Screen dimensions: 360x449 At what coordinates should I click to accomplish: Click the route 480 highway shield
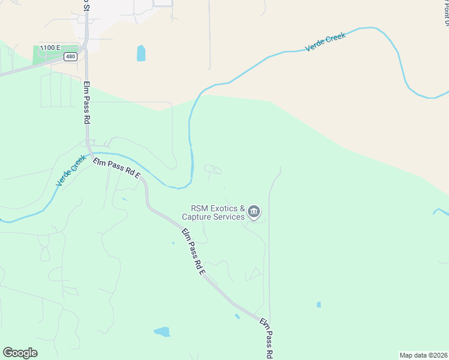71,56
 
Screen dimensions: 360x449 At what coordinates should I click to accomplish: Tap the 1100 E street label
49,47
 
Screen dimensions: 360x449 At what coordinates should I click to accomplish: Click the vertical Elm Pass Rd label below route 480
86,102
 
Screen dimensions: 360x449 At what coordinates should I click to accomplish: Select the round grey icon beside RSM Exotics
254,211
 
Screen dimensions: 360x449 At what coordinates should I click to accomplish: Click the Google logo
20,353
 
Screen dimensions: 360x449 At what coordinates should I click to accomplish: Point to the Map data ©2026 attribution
424,355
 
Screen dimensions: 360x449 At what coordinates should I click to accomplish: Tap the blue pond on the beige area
141,53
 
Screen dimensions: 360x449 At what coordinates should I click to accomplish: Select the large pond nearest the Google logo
162,331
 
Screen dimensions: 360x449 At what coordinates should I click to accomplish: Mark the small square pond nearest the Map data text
319,305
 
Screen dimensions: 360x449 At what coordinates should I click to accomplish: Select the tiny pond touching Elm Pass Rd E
238,316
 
